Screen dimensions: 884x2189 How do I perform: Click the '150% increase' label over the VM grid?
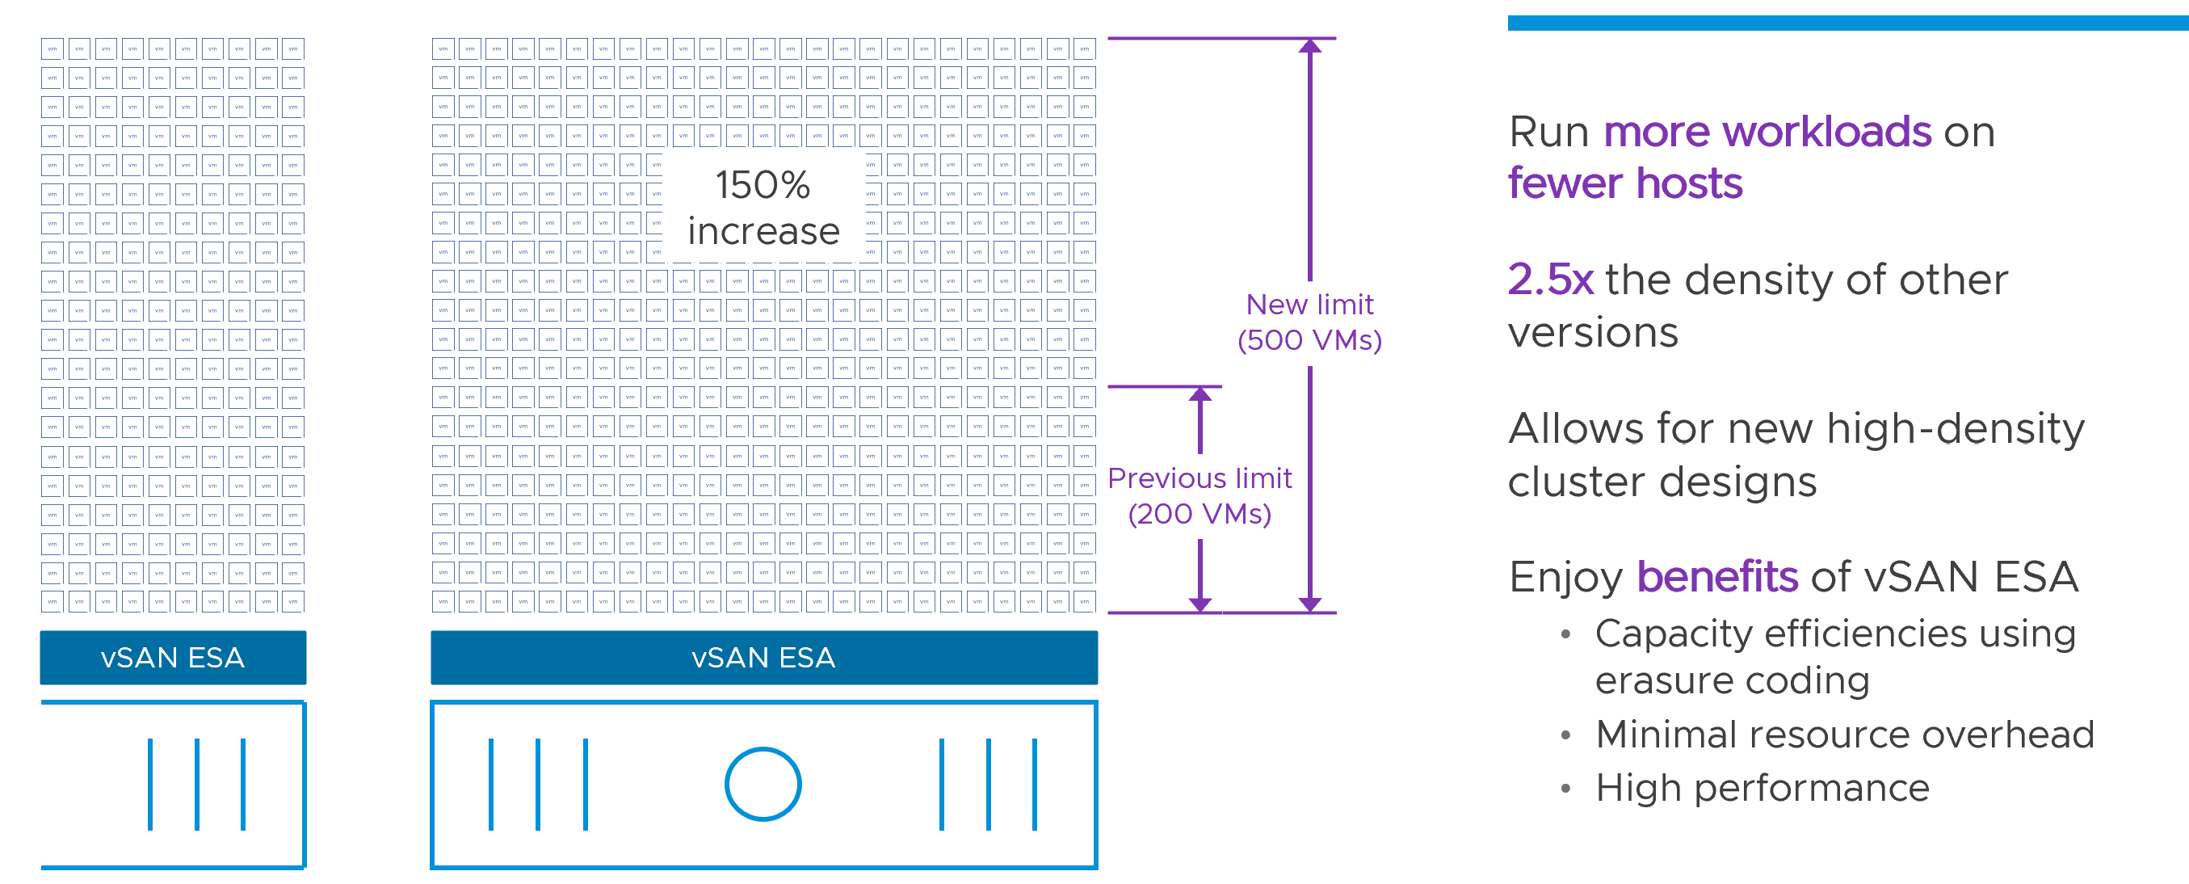pos(763,208)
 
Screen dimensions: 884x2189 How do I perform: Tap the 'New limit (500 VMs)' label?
pos(1309,322)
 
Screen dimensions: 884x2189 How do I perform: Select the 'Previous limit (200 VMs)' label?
pos(1199,495)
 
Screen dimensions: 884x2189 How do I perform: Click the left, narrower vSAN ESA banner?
pos(173,657)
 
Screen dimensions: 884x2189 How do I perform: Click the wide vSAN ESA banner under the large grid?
pos(763,657)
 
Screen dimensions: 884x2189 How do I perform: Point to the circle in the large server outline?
pos(763,784)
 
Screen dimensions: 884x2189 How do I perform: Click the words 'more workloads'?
pos(1767,133)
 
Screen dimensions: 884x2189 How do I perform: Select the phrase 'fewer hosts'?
pos(1624,183)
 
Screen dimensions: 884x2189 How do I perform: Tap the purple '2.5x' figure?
pos(1550,280)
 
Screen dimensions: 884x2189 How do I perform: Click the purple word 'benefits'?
pos(1716,577)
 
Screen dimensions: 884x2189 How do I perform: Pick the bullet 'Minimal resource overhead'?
pos(1845,735)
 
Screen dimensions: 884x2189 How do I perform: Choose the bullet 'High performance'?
pos(1763,788)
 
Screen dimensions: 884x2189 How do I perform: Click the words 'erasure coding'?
pos(1732,681)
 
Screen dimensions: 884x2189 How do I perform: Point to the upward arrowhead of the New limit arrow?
pos(1309,46)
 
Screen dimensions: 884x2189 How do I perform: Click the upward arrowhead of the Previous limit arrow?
pos(1200,394)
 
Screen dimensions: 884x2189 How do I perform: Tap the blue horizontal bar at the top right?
pos(1847,23)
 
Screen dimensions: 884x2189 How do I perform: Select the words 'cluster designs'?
pos(1662,482)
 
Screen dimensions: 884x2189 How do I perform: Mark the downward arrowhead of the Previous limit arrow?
pos(1200,604)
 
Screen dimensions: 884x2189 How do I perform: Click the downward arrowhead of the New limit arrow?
pos(1309,604)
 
